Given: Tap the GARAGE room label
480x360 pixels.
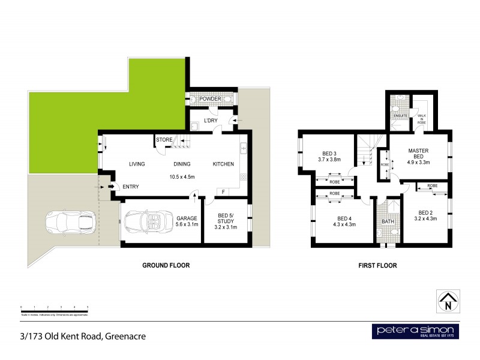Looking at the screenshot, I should point(187,218).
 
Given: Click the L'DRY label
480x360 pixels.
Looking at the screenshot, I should point(211,121).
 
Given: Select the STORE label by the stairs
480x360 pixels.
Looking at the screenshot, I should point(164,140).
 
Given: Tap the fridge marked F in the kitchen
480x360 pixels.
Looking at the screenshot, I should point(223,192).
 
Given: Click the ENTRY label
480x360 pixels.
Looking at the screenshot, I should point(131,187).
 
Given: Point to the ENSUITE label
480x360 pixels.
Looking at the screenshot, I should point(401,116).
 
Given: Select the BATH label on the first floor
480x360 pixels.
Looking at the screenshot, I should point(388,221).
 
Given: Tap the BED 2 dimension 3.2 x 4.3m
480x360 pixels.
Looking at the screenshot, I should point(427,219).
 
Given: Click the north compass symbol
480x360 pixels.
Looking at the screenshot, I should point(447,301).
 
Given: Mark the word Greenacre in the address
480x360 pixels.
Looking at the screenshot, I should point(125,336).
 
